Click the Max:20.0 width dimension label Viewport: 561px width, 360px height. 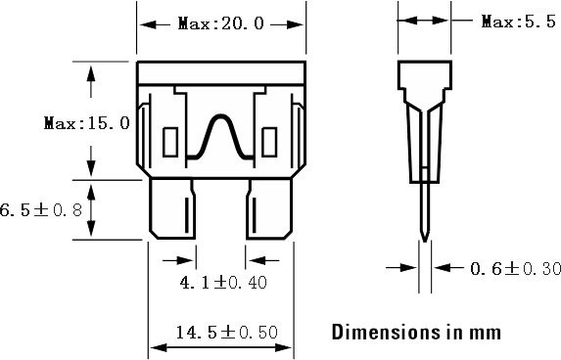pos(220,23)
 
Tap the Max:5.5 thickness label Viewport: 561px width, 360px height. pos(519,22)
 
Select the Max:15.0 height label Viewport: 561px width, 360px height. pos(86,123)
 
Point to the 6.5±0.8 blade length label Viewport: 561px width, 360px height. pos(40,209)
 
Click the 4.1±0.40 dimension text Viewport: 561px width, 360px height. pos(223,283)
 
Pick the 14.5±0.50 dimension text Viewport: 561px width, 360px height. pos(227,332)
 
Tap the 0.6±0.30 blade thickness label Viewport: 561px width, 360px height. pos(515,268)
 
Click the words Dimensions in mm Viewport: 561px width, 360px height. pos(416,332)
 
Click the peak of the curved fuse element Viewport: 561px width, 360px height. pos(220,115)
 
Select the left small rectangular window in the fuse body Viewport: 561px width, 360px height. pos(170,142)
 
